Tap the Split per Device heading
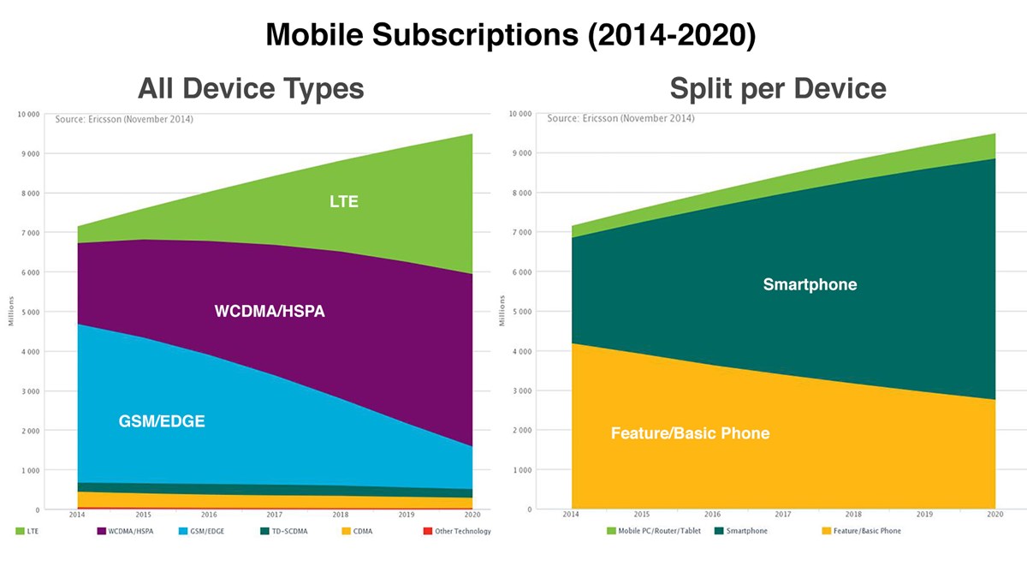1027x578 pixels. [x=777, y=88]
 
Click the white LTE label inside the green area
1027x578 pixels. [x=344, y=202]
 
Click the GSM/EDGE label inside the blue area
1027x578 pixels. [x=162, y=421]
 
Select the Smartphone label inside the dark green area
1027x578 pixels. [x=810, y=284]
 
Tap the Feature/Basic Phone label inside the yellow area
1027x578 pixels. [x=690, y=433]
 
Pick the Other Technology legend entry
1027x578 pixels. [x=457, y=531]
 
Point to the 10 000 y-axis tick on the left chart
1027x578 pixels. [x=29, y=114]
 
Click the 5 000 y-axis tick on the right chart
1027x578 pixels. [x=521, y=312]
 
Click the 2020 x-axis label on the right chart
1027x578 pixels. [x=994, y=515]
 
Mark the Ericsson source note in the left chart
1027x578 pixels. [x=123, y=119]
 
